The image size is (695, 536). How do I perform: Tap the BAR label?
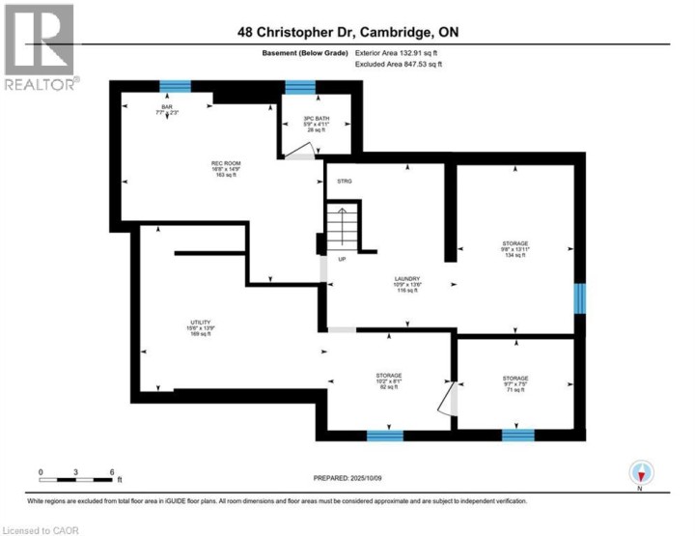click(167, 109)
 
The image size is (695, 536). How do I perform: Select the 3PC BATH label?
click(302, 124)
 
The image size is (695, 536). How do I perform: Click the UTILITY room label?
click(199, 328)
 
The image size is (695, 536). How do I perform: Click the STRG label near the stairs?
click(345, 180)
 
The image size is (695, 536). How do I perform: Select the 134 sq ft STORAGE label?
click(514, 249)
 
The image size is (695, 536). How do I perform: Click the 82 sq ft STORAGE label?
click(388, 381)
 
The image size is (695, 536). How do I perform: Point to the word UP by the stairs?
click(342, 259)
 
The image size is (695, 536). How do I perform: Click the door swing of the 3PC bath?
click(306, 151)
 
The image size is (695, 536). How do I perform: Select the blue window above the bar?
click(175, 86)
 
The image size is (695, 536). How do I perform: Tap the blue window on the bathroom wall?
click(300, 87)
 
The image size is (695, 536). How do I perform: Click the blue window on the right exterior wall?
click(579, 298)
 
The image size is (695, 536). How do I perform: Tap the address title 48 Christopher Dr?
click(347, 32)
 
